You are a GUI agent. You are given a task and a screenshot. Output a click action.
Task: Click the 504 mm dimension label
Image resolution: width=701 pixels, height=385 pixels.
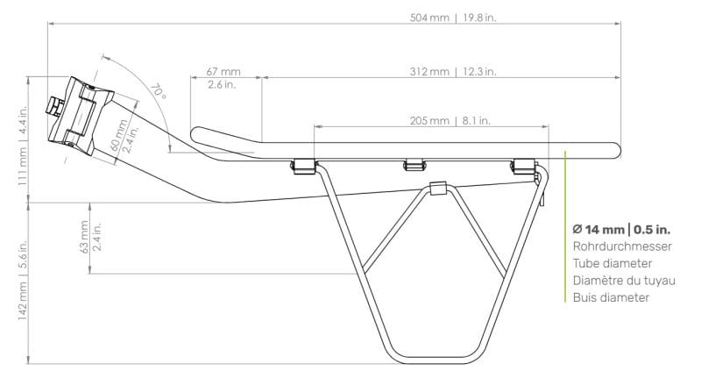[x=429, y=18]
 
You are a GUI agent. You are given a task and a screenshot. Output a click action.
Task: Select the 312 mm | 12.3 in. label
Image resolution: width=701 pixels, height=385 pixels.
[x=453, y=72]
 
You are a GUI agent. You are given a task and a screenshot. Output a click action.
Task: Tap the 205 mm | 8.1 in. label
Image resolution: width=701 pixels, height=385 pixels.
[x=450, y=121]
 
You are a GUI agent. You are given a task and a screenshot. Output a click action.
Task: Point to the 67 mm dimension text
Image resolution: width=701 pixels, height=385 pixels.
[x=223, y=72]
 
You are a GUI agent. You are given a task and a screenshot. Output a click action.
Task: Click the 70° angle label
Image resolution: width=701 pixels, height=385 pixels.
[x=159, y=92]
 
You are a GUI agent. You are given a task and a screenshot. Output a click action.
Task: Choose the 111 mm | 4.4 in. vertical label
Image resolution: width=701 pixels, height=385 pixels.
[x=23, y=146]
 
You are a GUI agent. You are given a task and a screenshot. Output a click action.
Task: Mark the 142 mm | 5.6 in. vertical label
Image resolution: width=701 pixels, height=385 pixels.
[x=23, y=281]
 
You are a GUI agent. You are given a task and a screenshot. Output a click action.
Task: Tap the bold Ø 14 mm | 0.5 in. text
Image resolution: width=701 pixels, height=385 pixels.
[x=621, y=230]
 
